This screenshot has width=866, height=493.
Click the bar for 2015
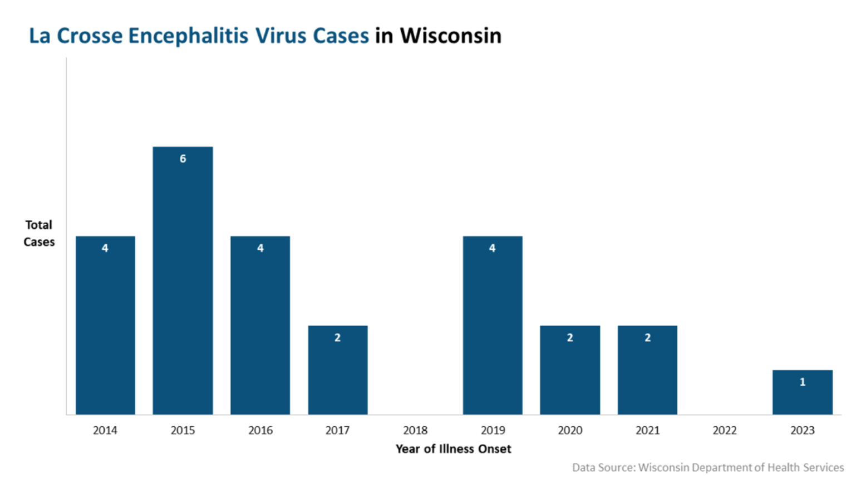click(183, 280)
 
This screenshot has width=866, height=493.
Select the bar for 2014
click(105, 325)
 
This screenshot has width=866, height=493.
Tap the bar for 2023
click(802, 392)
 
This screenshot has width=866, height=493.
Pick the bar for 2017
click(338, 370)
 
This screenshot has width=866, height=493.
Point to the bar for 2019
click(493, 325)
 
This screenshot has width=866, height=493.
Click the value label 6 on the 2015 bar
click(183, 159)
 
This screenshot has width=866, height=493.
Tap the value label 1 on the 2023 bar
click(802, 382)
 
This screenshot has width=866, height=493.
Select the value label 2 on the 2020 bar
click(570, 337)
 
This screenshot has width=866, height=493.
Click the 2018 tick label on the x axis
click(415, 430)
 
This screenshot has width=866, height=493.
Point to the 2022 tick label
click(725, 430)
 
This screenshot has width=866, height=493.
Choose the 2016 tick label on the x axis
click(260, 430)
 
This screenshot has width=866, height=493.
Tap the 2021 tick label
click(647, 430)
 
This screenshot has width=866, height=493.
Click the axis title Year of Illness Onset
click(453, 448)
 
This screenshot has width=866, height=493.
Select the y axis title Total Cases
click(39, 233)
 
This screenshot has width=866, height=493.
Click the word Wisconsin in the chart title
click(451, 36)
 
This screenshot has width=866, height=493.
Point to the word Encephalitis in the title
click(188, 36)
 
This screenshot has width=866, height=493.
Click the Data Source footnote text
click(708, 467)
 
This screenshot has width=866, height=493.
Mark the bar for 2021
click(647, 370)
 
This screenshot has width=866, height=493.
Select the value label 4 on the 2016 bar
click(260, 248)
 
